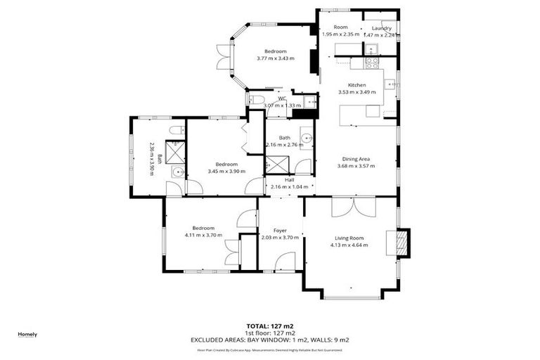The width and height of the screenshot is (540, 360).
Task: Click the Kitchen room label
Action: tap(357, 85)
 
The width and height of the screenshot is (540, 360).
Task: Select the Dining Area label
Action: tap(355, 159)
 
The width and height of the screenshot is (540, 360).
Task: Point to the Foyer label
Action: tap(280, 230)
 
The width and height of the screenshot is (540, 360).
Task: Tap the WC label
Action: tap(281, 98)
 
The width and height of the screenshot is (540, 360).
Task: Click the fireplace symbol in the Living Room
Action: tap(403, 243)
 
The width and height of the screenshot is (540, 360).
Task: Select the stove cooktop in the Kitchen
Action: tap(372, 61)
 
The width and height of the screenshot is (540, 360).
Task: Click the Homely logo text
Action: tap(27, 334)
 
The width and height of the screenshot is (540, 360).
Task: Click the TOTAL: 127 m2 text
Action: tap(270, 326)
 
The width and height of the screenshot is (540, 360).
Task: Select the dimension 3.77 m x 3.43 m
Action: tap(275, 58)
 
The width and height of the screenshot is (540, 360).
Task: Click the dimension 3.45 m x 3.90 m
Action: tap(227, 172)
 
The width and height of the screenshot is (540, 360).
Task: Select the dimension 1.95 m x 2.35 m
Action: tap(340, 34)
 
